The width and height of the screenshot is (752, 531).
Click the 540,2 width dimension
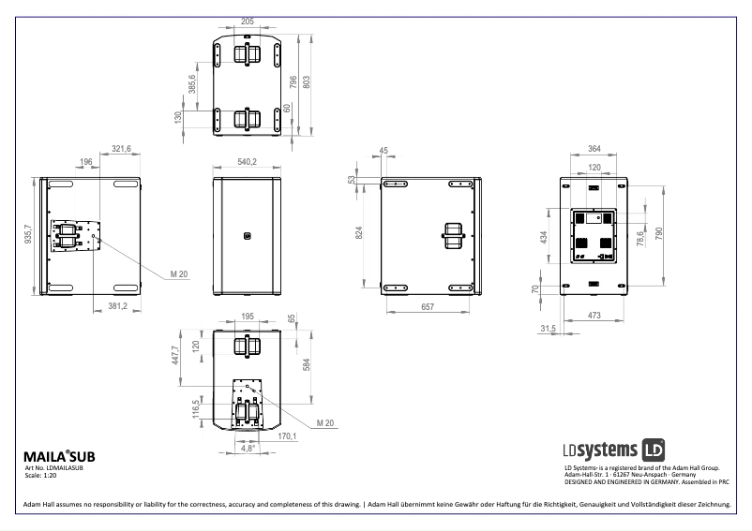click(247, 162)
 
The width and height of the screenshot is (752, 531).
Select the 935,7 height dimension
click(28, 234)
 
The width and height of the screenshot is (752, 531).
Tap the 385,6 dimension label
click(192, 83)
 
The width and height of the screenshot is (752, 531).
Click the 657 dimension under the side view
click(428, 306)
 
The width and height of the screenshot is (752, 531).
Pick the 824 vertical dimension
click(359, 232)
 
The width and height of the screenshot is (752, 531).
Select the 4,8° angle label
click(248, 449)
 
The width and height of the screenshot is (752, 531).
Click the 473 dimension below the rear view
click(594, 317)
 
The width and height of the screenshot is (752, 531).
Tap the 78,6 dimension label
click(640, 240)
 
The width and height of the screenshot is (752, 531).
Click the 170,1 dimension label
click(287, 435)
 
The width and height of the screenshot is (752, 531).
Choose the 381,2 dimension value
click(118, 305)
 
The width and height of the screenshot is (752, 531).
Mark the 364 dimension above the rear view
click(594, 148)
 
